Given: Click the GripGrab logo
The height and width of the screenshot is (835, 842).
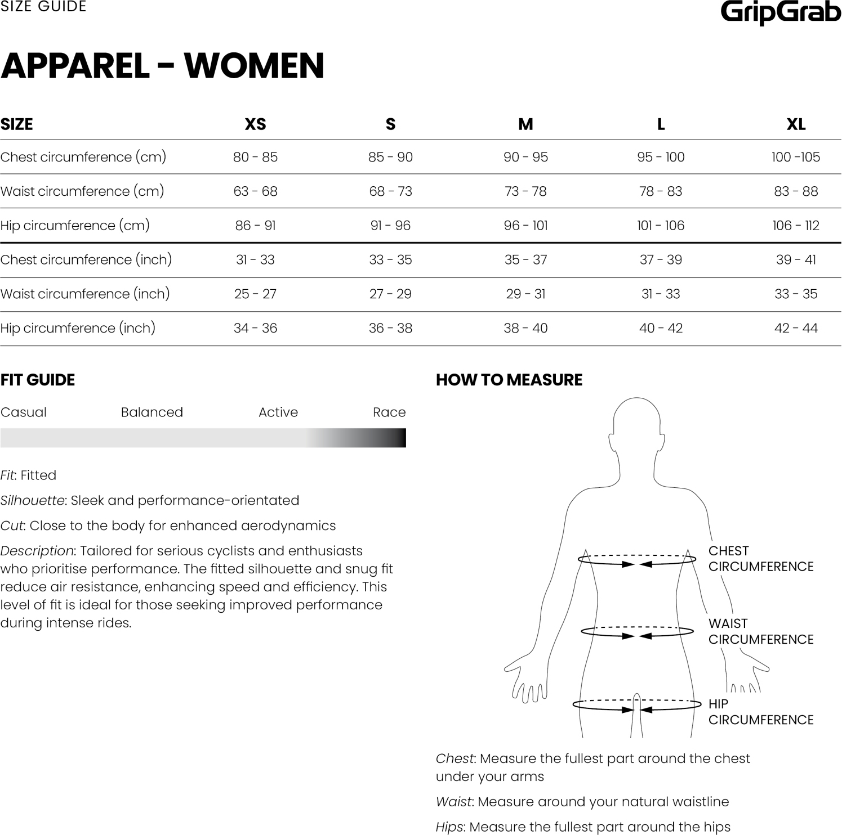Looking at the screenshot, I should coord(781,12).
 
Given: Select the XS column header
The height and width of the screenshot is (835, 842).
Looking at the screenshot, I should coord(255,124).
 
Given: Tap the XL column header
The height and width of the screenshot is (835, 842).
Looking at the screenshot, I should coord(796,124).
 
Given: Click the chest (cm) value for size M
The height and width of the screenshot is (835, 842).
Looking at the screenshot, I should coord(525,157).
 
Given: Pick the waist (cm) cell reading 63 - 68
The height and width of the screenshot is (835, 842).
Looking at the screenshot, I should coord(255,191).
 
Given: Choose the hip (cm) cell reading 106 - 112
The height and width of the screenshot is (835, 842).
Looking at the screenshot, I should coord(796,226).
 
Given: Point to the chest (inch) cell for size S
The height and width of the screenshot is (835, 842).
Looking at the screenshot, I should coord(390,260).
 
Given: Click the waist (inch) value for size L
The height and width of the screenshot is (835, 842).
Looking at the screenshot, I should coord(661,294).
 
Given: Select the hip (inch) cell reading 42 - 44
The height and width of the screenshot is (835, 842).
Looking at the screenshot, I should coord(796,328).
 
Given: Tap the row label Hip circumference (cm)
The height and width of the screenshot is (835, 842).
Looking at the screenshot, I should coord(75,226).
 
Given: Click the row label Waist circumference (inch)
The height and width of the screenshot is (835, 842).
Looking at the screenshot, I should coord(85,294).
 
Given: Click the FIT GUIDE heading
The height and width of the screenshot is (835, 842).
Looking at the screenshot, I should coord(38,380).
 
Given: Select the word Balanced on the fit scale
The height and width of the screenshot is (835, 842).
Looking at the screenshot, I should coord(152,412).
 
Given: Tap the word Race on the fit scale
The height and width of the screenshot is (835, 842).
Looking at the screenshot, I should coord(389,412).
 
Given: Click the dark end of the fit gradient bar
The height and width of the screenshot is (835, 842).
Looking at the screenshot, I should coord(398,438).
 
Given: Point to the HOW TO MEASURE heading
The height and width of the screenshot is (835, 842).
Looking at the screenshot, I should coord(509,380).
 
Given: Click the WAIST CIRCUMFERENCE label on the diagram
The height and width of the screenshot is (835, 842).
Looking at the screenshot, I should coord(760,631).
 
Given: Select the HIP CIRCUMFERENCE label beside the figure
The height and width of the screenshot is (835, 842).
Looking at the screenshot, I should coord(760,712).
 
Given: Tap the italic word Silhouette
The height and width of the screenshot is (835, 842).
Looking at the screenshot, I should coord(32,501).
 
